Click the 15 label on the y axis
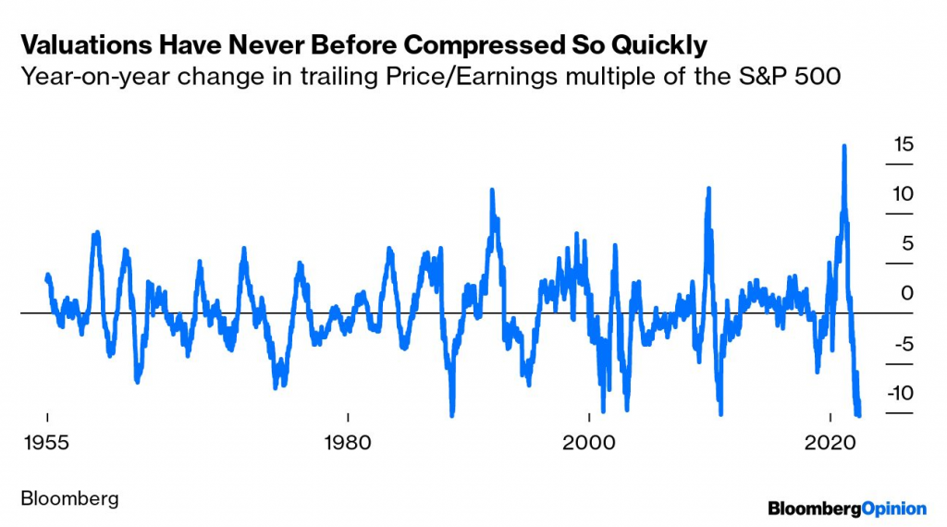point(903,144)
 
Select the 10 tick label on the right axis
point(903,194)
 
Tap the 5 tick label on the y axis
point(906,243)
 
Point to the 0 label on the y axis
point(906,293)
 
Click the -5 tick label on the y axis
point(903,343)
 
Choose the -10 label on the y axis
point(900,392)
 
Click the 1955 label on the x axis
point(46,442)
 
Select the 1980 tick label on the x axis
point(347,442)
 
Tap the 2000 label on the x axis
point(589,442)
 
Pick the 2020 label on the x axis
point(830,442)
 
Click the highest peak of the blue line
point(843,147)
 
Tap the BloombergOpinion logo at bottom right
point(847,508)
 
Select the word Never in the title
point(256,44)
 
